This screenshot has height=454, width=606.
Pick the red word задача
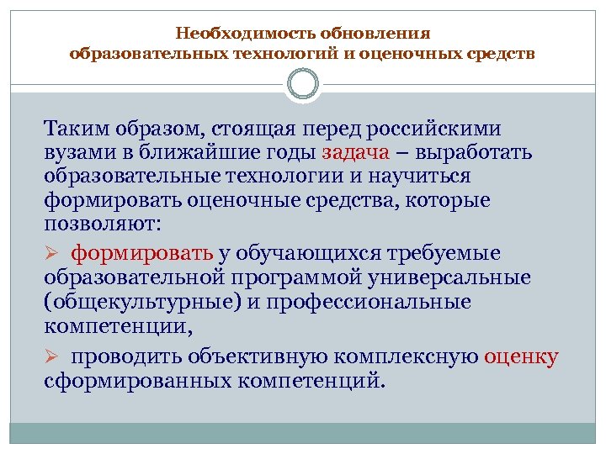tap(355, 154)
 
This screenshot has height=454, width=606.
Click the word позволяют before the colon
tap(103, 226)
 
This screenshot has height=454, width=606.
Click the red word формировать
tap(142, 253)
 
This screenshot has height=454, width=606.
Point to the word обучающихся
tap(309, 253)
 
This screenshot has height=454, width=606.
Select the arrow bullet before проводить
tap(52, 357)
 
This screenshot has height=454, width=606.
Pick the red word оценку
tap(521, 356)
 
